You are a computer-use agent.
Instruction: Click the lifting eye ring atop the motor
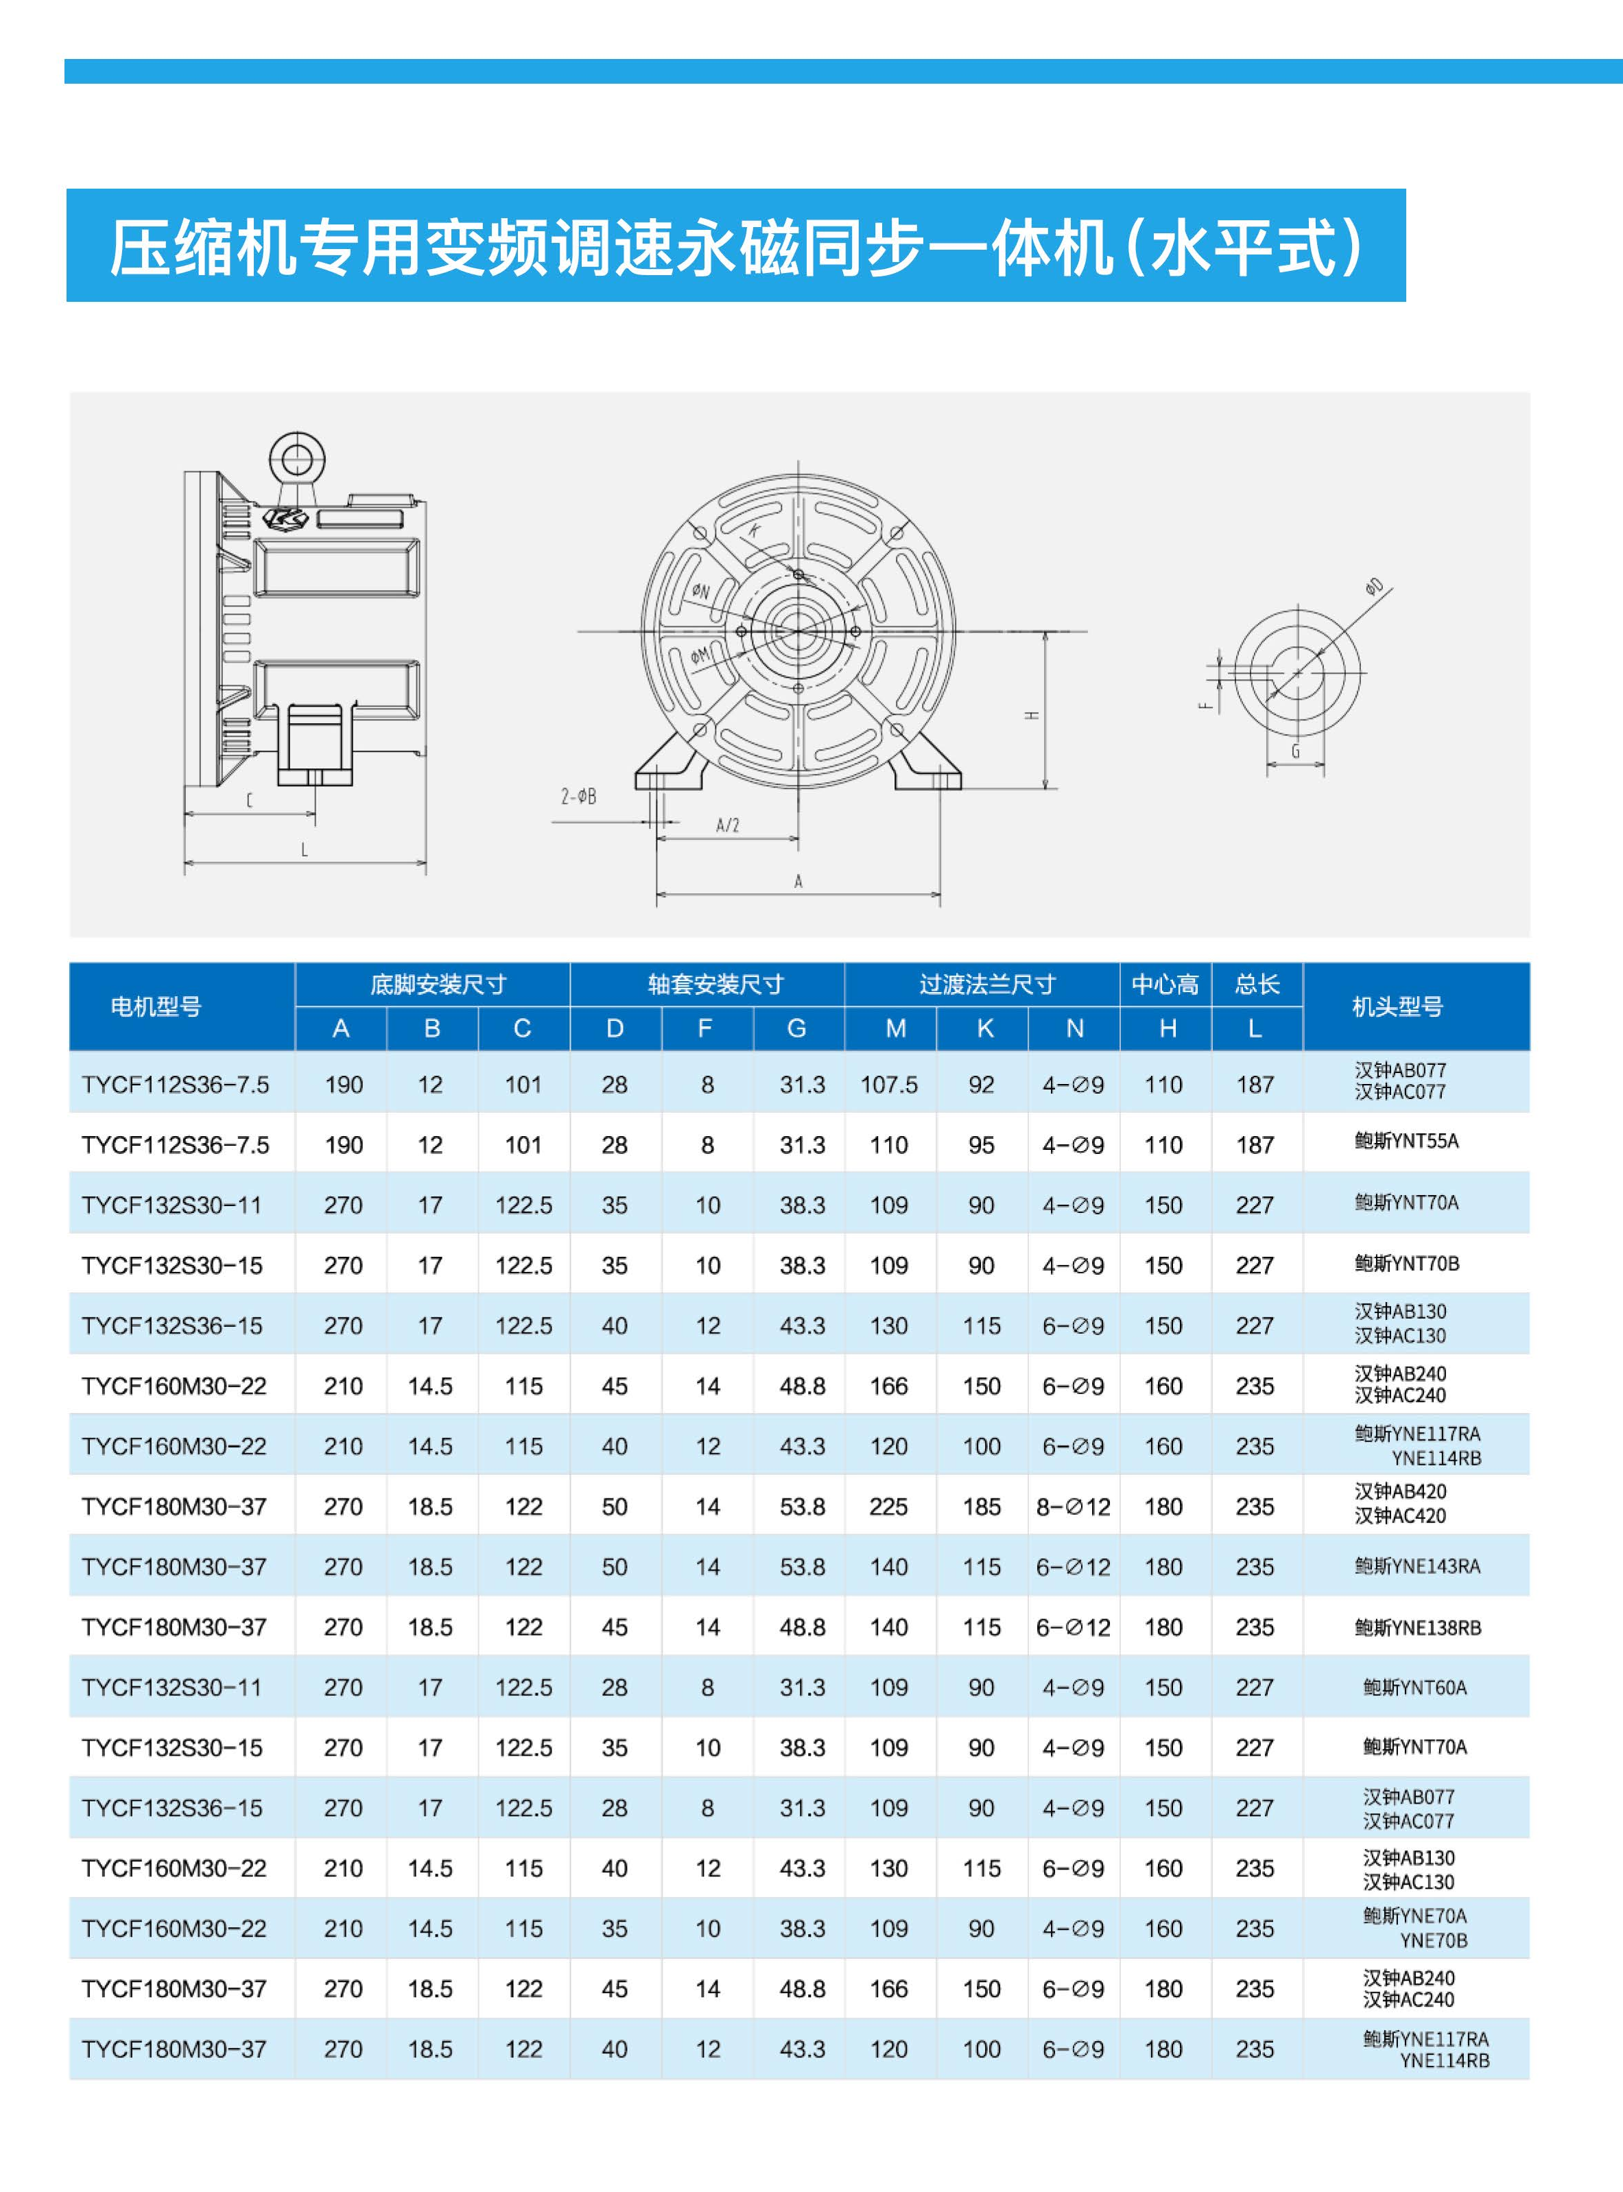[x=297, y=459]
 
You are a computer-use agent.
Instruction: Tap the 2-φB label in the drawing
[x=579, y=797]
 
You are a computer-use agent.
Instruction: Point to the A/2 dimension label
[x=727, y=825]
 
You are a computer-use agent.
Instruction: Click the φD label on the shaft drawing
[x=1375, y=587]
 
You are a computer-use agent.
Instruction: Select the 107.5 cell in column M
[x=889, y=1085]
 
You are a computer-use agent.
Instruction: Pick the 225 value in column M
[x=888, y=1506]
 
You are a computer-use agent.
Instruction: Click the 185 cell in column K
[x=982, y=1506]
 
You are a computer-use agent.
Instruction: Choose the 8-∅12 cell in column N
[x=1073, y=1506]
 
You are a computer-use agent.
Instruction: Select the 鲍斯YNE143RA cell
[x=1417, y=1566]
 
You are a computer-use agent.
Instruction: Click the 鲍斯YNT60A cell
[x=1414, y=1687]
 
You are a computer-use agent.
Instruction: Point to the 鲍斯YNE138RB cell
[x=1417, y=1627]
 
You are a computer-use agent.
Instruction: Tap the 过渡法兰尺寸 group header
[x=987, y=985]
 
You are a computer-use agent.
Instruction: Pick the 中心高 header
[x=1164, y=985]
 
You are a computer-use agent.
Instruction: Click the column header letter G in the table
[x=797, y=1028]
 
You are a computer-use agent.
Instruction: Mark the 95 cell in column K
[x=982, y=1144]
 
